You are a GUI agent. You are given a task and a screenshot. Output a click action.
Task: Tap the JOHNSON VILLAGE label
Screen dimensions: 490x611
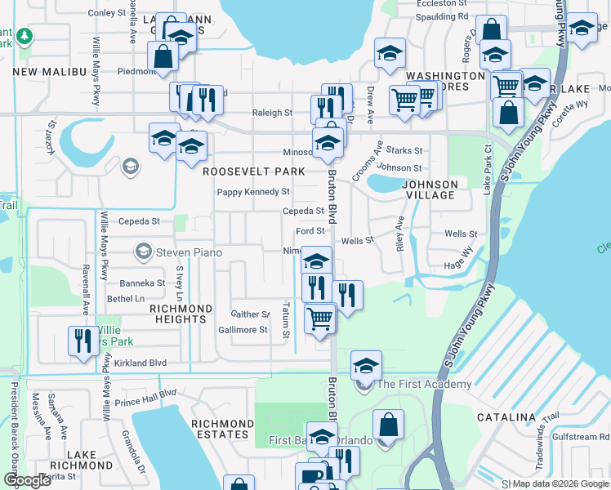coord(429,190)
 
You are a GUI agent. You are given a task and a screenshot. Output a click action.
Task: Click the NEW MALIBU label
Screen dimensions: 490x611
coord(50,72)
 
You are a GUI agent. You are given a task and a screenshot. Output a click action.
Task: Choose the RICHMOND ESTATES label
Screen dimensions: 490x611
coord(222,430)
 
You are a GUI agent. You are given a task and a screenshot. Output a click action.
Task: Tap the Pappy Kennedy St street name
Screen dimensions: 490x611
coord(253,192)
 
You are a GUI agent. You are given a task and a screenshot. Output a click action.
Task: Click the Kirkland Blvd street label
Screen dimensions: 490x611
coord(140,363)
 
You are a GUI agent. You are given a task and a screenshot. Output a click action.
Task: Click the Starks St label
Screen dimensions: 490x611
coord(404,150)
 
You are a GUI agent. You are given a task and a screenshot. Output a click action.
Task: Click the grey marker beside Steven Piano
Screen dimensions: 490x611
coord(144,250)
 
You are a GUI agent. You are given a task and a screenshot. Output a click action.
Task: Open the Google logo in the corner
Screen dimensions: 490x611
coord(27,480)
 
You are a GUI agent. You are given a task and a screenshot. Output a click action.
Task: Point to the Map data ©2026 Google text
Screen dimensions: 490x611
coord(560,483)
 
